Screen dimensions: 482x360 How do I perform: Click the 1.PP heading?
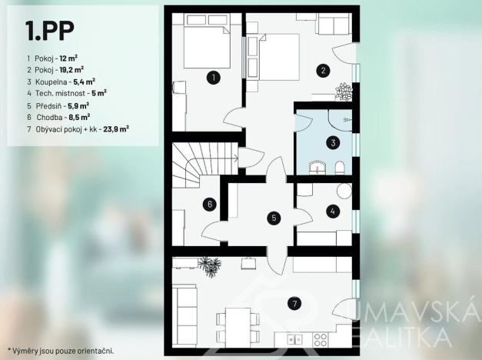pos(50,31)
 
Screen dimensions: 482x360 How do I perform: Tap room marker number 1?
pos(214,78)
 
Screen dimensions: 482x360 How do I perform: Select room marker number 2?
pos(323,71)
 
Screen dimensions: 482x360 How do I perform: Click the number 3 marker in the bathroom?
pos(333,143)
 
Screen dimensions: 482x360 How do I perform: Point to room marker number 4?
pos(333,212)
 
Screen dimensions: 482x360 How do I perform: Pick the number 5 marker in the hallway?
pos(274,218)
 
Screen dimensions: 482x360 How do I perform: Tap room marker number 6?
pos(210,205)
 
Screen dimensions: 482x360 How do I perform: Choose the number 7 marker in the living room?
pos(294,304)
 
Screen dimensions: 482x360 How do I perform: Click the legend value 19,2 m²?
pos(71,70)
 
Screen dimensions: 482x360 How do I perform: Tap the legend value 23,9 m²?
pos(116,129)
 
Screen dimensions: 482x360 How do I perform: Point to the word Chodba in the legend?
pos(49,117)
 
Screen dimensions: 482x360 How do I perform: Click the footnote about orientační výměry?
pos(61,351)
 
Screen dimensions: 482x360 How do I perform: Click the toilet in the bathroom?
pos(339,168)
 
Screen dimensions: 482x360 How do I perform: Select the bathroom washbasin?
pos(317,168)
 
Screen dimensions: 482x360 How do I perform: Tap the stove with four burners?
pos(321,339)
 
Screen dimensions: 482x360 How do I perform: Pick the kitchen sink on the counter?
pos(295,339)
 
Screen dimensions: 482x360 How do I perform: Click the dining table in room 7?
pos(238,328)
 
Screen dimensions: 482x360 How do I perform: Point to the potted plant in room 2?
pos(344,92)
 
